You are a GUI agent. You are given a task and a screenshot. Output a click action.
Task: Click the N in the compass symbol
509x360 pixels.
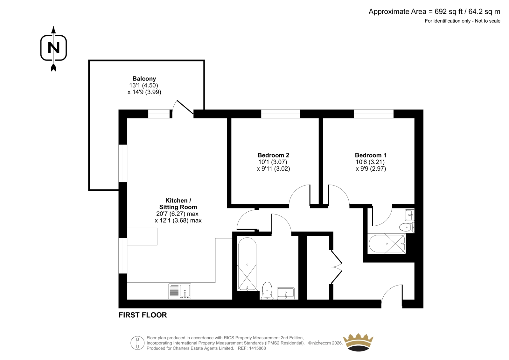(x=54, y=48)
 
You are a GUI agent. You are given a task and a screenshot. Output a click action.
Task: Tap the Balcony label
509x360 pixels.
(x=144, y=79)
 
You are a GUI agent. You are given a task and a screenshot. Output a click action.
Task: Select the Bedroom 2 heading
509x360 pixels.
(x=273, y=155)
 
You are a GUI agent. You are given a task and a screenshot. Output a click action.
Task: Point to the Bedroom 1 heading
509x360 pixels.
(x=371, y=155)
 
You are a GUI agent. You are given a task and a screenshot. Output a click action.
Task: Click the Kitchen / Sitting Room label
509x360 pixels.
(x=178, y=204)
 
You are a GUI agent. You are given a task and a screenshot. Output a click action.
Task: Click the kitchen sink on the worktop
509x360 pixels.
(x=180, y=291)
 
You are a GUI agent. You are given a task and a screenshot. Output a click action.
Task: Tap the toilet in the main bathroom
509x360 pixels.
(x=267, y=291)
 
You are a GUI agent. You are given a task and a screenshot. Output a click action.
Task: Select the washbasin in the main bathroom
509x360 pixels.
(x=286, y=293)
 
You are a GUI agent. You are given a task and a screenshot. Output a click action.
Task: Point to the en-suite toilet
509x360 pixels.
(x=407, y=227)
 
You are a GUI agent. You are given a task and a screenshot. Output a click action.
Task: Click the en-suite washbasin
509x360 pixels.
(x=410, y=215)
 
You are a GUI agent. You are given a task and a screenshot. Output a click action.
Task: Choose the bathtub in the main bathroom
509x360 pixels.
(x=247, y=264)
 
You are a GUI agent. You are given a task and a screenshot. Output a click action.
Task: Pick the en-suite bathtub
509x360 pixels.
(x=387, y=244)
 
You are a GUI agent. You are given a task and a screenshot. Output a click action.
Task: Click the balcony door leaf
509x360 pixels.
(x=185, y=107)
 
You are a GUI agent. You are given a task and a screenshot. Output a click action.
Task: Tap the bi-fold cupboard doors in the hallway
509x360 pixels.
(x=336, y=267)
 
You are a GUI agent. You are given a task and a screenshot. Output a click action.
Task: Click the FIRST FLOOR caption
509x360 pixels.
(x=143, y=315)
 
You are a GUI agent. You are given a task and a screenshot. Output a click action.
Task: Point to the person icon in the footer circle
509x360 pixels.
(x=137, y=343)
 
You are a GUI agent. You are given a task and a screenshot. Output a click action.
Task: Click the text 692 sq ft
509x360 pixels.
(x=449, y=11)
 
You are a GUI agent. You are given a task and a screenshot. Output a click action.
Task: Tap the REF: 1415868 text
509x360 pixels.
(x=252, y=348)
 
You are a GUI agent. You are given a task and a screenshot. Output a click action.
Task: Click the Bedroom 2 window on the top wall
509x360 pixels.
(x=281, y=114)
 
